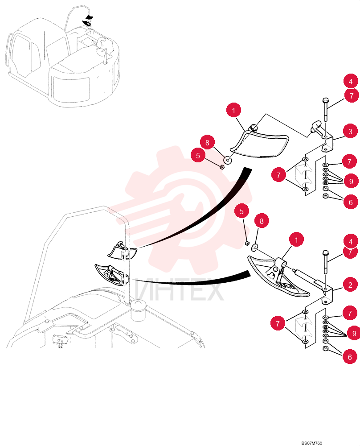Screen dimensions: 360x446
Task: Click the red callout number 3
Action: [350, 132]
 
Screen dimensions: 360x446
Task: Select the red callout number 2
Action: [350, 285]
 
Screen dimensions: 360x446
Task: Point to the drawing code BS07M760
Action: [312, 443]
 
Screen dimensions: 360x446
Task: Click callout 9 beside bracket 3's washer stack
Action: [351, 181]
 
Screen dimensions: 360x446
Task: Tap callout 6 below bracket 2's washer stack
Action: [350, 357]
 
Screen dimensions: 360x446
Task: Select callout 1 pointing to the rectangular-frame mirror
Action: [234, 110]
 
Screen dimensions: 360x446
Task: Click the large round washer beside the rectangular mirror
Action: [227, 160]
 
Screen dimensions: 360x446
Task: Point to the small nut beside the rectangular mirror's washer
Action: [222, 167]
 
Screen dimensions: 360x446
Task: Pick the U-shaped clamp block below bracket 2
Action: [304, 327]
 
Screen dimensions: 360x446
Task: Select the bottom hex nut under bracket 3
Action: [326, 196]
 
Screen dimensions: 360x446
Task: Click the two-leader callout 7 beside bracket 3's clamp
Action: [278, 175]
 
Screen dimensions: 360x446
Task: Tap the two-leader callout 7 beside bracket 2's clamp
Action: [278, 323]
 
